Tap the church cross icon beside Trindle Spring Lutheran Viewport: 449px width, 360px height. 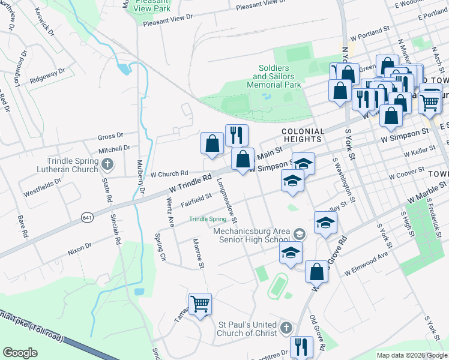(x=107, y=164)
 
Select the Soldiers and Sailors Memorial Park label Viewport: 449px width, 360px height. (x=274, y=77)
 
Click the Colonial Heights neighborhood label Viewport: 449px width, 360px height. (x=303, y=135)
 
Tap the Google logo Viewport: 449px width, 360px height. (x=20, y=352)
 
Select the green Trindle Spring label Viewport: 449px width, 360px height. (x=207, y=219)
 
